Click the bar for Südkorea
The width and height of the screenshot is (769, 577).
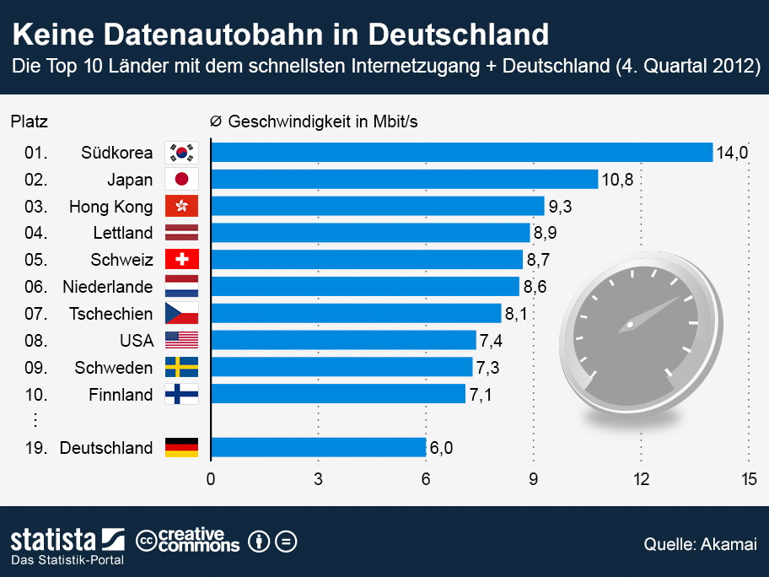461,152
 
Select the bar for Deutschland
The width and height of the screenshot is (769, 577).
318,447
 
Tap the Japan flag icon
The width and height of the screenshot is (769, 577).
181,179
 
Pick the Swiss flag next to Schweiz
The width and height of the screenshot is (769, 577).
181,260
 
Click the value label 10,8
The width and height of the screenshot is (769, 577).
616,179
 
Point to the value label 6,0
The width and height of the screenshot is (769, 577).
442,447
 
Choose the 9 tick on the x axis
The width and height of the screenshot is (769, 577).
533,480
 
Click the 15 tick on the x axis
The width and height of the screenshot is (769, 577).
748,480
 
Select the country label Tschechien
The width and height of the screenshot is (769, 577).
110,314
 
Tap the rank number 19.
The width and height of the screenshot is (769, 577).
35,447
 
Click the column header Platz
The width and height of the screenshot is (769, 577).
29,121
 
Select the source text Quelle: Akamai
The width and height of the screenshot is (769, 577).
700,544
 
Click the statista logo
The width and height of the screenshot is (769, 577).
67,540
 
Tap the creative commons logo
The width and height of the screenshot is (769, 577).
188,540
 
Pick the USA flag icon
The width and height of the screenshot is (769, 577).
181,340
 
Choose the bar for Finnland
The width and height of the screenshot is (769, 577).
337,394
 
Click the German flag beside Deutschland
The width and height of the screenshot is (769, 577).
181,447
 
